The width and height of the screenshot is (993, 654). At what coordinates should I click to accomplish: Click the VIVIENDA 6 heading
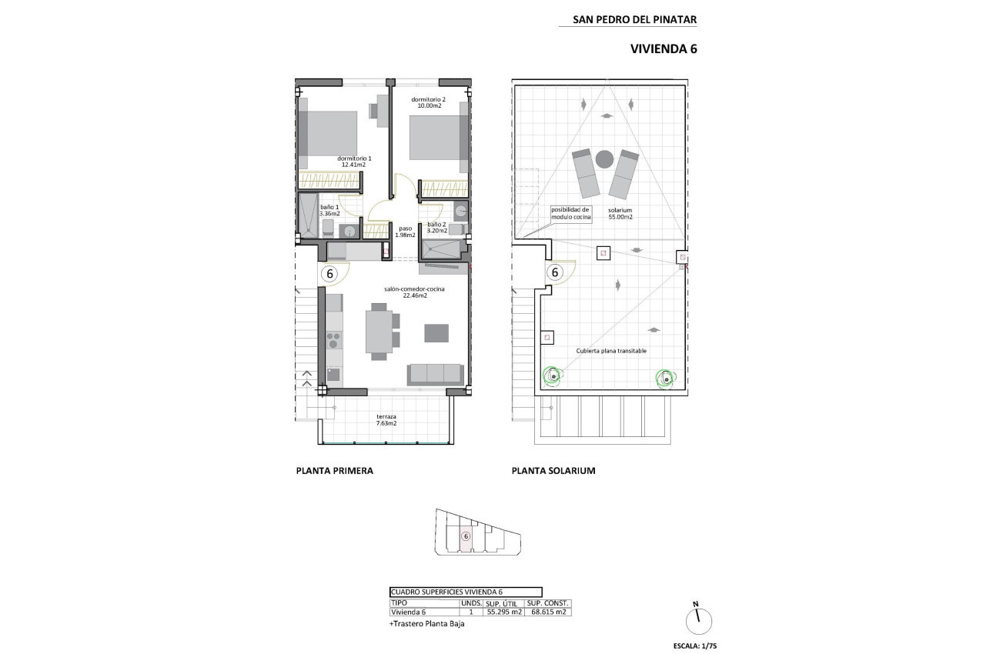click(x=664, y=48)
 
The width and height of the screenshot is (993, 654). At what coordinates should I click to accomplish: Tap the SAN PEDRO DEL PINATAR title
click(x=635, y=20)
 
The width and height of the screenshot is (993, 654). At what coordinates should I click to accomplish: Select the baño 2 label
click(x=436, y=227)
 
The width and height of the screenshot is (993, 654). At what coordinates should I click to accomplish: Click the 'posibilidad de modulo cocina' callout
click(x=570, y=213)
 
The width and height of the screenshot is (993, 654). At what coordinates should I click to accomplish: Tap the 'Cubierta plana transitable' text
click(x=611, y=351)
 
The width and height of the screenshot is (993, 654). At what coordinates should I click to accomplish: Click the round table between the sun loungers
click(x=604, y=159)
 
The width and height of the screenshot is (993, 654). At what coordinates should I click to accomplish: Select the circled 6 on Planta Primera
click(x=329, y=272)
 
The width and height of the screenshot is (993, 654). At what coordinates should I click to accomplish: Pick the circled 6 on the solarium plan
click(x=553, y=272)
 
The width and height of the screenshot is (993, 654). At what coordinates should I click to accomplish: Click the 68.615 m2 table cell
click(x=547, y=612)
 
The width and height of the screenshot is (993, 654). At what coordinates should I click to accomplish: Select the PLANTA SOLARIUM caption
click(x=553, y=471)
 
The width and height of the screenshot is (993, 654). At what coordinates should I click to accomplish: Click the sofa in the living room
click(x=435, y=373)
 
